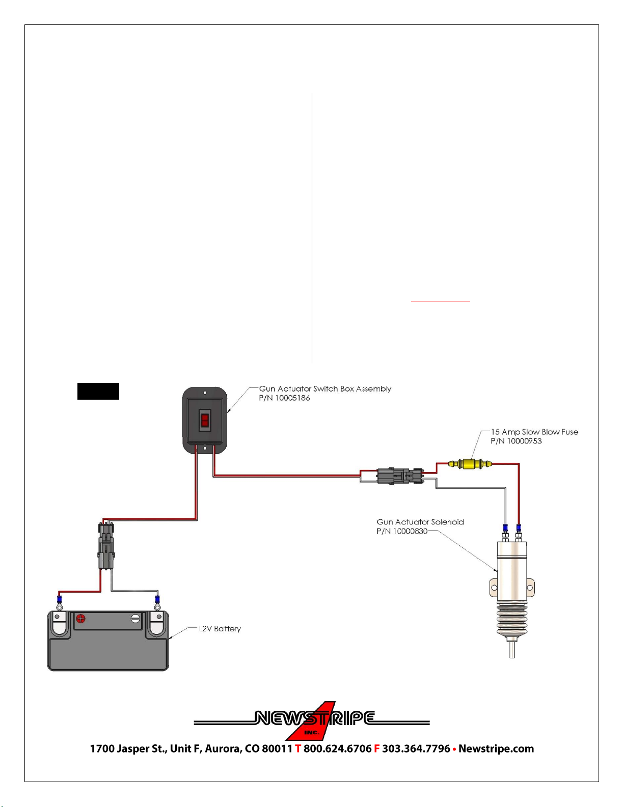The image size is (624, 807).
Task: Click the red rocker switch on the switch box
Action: point(205,421)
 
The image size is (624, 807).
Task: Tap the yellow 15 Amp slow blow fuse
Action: point(470,464)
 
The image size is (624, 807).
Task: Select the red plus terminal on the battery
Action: point(80,618)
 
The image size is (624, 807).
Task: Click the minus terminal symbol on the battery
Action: point(135,618)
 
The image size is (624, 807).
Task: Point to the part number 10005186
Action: point(292,398)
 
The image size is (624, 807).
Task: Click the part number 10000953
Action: point(524,441)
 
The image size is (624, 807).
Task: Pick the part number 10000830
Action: point(410,532)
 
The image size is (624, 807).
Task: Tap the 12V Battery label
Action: point(219,629)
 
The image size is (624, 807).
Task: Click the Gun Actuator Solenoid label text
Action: point(420,522)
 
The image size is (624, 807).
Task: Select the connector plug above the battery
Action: point(106,545)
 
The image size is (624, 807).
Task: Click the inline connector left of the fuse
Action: point(400,476)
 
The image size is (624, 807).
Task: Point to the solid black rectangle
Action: point(98,391)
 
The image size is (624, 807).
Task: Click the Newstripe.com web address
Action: point(496,748)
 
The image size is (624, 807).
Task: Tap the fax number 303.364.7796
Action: point(416,748)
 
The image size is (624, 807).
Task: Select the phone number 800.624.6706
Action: point(337,748)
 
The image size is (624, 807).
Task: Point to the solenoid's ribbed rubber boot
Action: point(512,620)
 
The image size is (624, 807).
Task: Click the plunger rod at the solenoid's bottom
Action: point(512,649)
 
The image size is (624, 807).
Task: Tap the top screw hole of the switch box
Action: point(205,393)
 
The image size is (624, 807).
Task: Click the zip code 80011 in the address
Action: point(277,748)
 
